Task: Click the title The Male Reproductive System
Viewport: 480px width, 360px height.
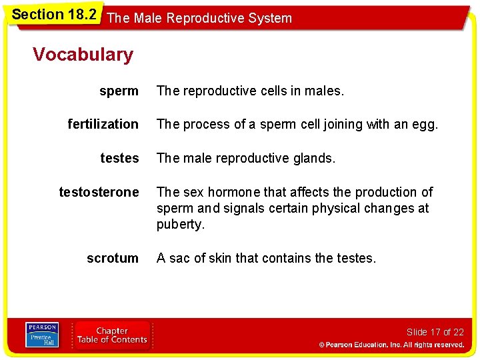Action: pos(199,18)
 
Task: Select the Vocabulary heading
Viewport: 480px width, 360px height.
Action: pos(83,55)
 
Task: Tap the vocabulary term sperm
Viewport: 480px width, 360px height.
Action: pos(119,91)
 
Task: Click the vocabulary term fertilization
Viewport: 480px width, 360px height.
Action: pos(103,124)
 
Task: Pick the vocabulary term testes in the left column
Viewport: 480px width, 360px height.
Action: pos(119,158)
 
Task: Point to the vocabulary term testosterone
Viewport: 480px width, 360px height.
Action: pos(99,192)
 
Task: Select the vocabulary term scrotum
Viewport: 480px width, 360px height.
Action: pos(113,258)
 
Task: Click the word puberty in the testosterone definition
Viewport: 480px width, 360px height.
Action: pos(180,225)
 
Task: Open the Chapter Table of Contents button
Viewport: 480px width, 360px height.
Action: pos(112,335)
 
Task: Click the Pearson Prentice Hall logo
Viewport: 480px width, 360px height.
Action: pos(42,335)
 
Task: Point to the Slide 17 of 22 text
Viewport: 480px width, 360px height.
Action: pos(435,332)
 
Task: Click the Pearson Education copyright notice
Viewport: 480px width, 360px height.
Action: pos(391,345)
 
